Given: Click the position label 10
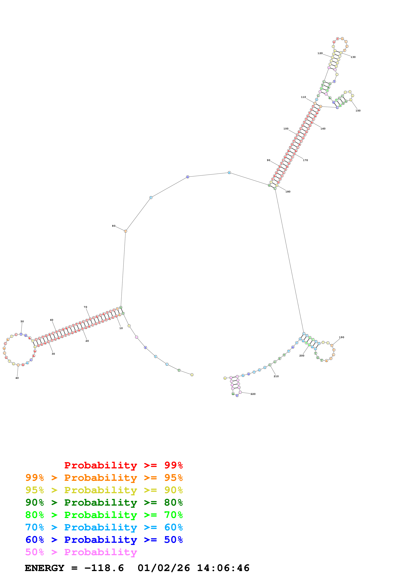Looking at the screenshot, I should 121,328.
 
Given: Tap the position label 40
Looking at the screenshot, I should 17,378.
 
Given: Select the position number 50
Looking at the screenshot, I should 22,322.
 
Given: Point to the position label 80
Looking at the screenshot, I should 114,226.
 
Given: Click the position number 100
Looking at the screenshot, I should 286,129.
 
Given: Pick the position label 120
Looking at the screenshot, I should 320,53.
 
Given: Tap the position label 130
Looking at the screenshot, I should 353,57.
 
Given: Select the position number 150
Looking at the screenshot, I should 358,111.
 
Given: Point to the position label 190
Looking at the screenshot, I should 342,337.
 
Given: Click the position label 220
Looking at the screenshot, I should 253,394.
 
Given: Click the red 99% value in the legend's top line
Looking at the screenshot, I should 173,465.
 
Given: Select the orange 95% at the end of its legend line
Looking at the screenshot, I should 173,478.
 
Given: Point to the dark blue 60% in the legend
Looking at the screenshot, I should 35,540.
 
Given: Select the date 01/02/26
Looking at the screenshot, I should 164,568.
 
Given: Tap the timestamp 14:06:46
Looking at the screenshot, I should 223,568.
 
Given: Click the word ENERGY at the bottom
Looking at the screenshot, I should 44,568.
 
